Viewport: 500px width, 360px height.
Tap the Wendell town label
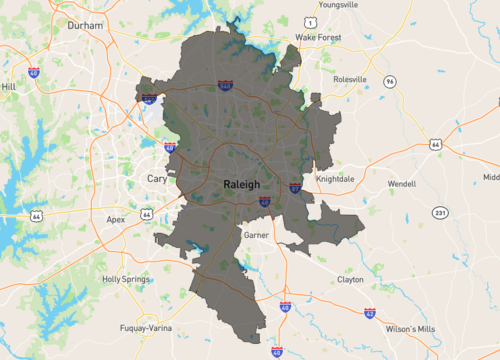pos(401,184)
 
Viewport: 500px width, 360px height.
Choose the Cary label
pos(157,178)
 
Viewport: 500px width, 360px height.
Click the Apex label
pos(116,218)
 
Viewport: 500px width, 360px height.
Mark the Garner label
pos(256,234)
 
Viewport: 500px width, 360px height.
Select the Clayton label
pos(350,280)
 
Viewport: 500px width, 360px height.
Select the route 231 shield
pos(441,213)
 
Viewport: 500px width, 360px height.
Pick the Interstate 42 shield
pos(370,313)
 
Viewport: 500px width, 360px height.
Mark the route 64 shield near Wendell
pos(435,145)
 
